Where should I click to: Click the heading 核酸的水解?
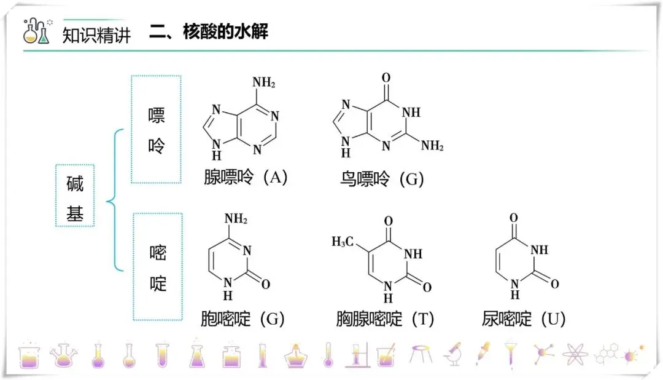225,32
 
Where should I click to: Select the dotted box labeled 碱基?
75,196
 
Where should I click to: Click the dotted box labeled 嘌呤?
157,129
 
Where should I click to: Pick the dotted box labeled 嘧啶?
158,266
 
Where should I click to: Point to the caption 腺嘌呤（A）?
246,178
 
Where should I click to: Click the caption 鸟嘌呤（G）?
382,180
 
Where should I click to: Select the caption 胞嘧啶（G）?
243,319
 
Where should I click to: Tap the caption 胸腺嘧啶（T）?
386,319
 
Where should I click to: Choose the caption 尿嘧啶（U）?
524,319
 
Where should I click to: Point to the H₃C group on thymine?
343,242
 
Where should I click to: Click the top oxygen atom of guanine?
386,77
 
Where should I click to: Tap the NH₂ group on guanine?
432,146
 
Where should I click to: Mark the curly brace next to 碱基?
114,200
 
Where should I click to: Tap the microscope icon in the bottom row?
452,354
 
